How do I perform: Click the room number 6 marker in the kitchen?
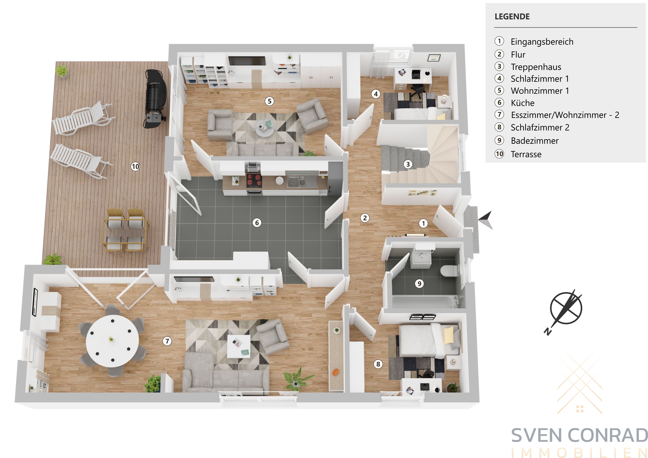click(257, 223)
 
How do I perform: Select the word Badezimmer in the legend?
click(535, 141)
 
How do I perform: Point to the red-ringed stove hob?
click(254, 180)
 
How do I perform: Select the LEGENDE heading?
click(512, 16)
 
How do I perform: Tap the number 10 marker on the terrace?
click(135, 166)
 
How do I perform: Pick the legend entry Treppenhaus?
click(536, 67)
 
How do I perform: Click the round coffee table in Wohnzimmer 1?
click(265, 128)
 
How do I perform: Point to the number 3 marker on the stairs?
click(408, 164)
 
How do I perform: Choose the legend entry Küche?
click(522, 103)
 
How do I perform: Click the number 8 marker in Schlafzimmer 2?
click(378, 364)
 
